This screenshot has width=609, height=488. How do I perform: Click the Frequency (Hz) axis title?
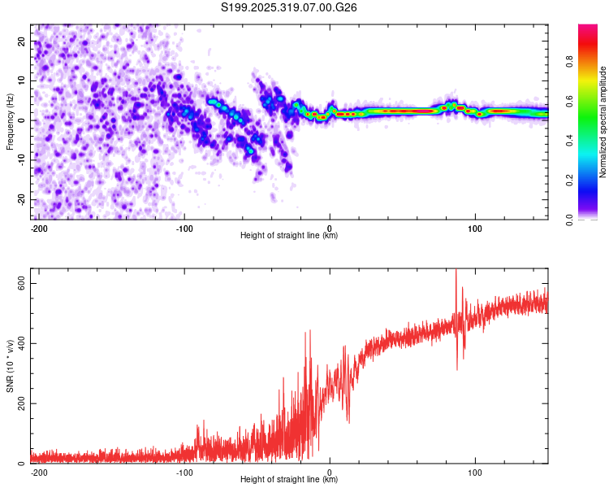pos(10,121)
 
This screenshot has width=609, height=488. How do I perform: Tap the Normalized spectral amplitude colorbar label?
pos(603,122)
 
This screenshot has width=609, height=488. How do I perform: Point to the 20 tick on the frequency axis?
pos(22,41)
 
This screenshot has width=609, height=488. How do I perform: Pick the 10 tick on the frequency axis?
pos(22,81)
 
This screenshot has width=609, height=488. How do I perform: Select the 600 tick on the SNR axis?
pos(18,282)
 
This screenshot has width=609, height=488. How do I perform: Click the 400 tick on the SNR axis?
pos(18,342)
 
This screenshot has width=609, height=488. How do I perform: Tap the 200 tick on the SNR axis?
pos(18,403)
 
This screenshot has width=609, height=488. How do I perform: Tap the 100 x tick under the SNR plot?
pos(475,473)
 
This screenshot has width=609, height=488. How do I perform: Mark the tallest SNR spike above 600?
pos(456,272)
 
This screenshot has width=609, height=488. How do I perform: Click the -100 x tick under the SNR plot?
pos(184,473)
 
